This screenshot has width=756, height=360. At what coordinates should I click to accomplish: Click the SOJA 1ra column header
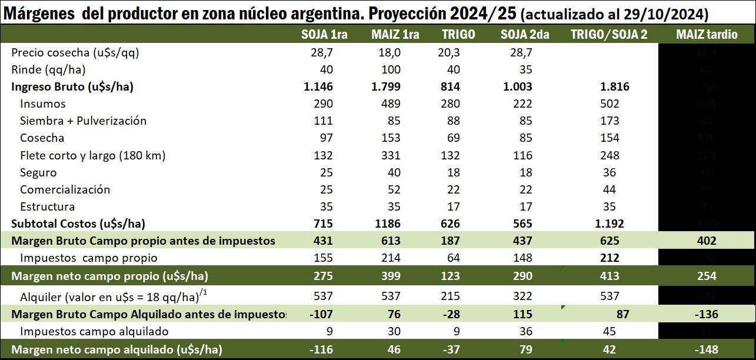click(324, 35)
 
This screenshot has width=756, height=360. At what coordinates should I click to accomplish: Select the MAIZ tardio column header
click(707, 35)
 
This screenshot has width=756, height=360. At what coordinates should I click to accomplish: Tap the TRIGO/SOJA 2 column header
click(609, 35)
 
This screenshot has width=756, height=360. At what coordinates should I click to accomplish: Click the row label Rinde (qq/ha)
click(48, 69)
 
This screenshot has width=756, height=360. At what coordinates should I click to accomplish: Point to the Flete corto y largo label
click(92, 155)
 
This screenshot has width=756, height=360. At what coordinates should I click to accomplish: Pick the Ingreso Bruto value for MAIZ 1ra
click(386, 86)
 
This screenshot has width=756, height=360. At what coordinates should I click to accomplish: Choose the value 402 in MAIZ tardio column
click(706, 241)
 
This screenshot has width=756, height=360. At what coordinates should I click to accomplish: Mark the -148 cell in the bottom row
click(706, 349)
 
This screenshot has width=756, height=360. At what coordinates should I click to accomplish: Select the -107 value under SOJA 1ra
click(321, 315)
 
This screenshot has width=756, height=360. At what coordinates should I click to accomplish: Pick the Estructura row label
click(47, 206)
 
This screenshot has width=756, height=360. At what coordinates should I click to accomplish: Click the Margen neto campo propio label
click(109, 275)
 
